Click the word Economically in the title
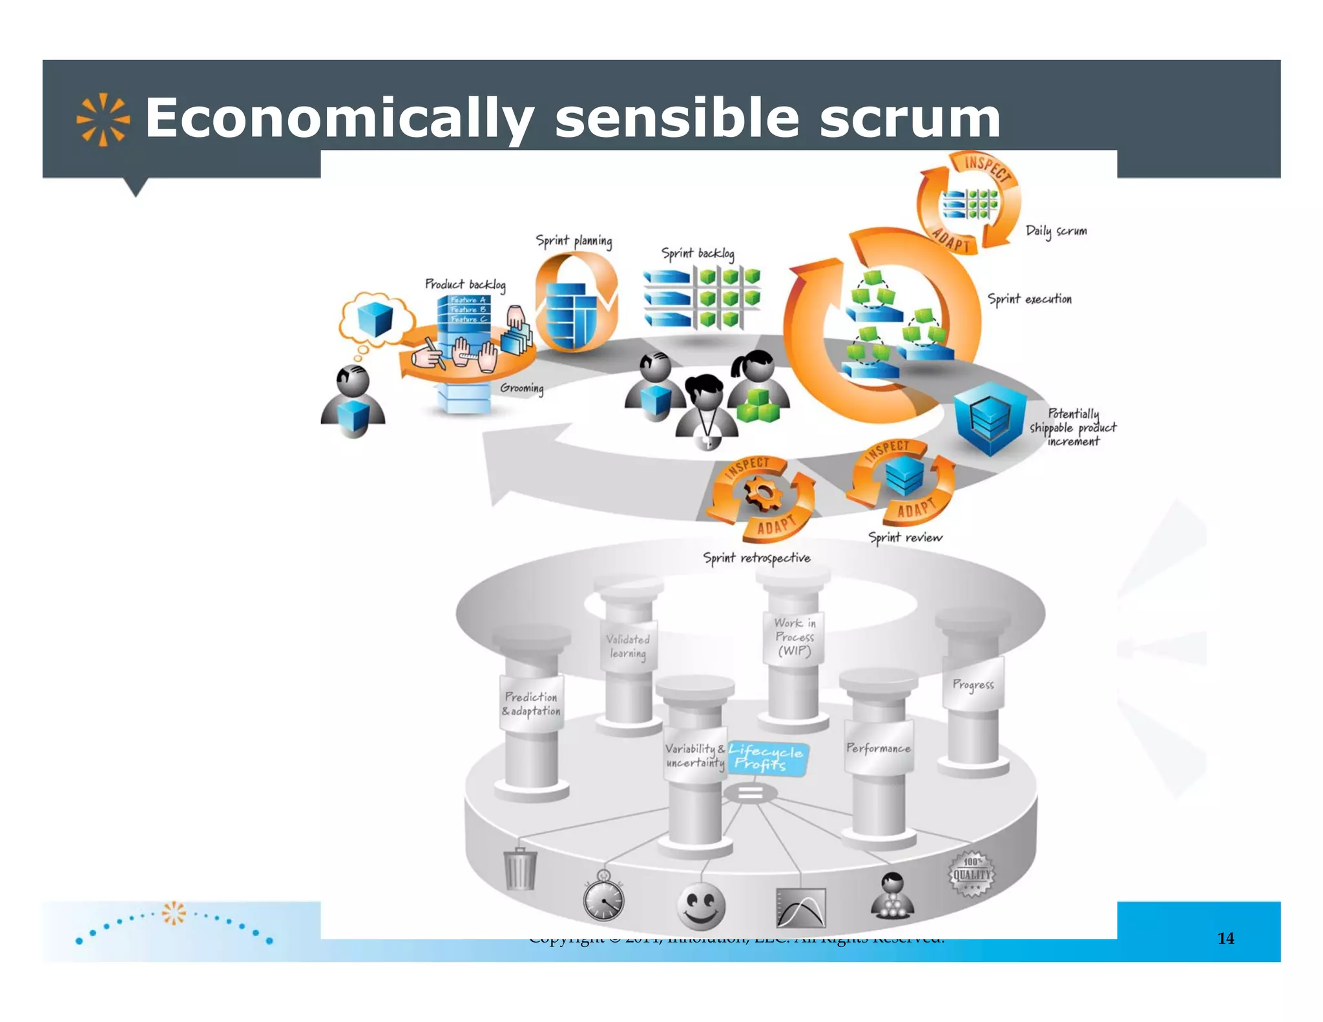[x=339, y=119]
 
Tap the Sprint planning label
[x=574, y=241]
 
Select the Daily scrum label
[x=1056, y=231]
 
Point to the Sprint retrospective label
[x=756, y=558]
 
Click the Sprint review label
[x=904, y=537]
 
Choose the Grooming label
[x=521, y=388]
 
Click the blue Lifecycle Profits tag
[x=766, y=758]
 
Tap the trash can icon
[x=520, y=869]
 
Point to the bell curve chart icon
[x=800, y=908]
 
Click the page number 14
[x=1225, y=938]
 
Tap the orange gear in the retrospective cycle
[x=763, y=494]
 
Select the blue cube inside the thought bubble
[x=375, y=319]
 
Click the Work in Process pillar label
[x=795, y=637]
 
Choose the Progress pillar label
[x=973, y=684]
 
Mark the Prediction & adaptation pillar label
[x=531, y=704]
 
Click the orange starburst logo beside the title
[x=103, y=120]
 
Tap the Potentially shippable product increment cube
[x=989, y=417]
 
